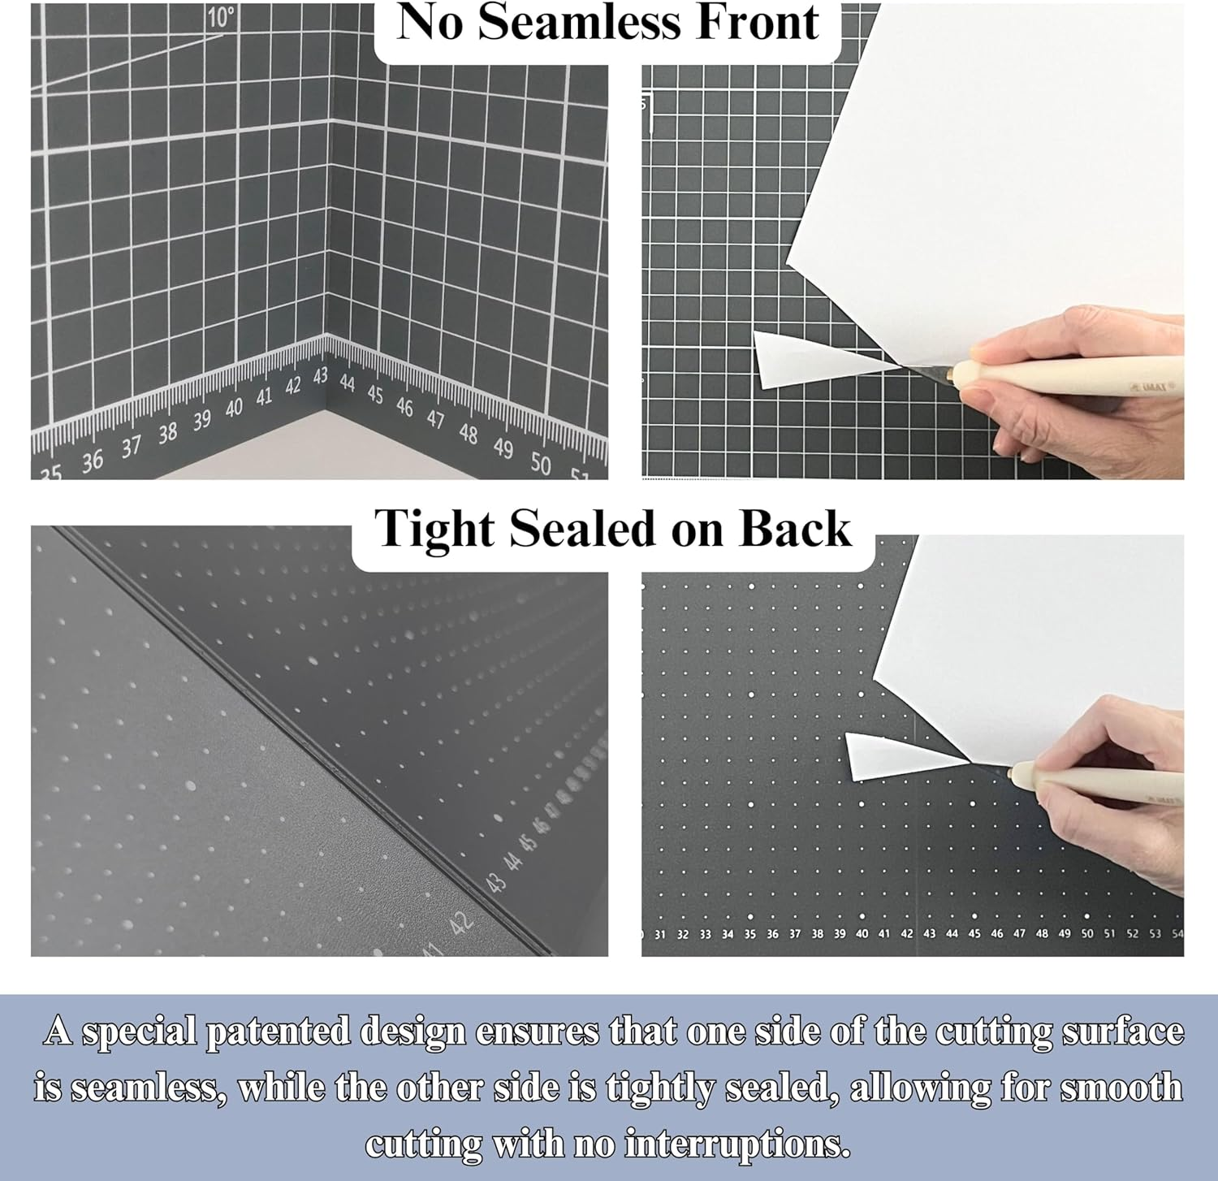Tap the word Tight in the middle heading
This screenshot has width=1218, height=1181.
click(x=434, y=530)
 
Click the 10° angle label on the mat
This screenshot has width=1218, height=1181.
click(x=220, y=17)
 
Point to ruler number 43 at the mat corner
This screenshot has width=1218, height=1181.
click(x=321, y=376)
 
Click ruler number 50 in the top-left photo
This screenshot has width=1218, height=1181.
click(x=540, y=463)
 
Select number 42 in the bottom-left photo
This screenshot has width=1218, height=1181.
click(x=461, y=923)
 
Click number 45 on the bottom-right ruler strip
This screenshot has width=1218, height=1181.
click(x=974, y=934)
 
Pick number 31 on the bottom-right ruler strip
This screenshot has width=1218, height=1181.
click(x=659, y=935)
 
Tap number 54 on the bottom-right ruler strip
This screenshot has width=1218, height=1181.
click(x=1177, y=934)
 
